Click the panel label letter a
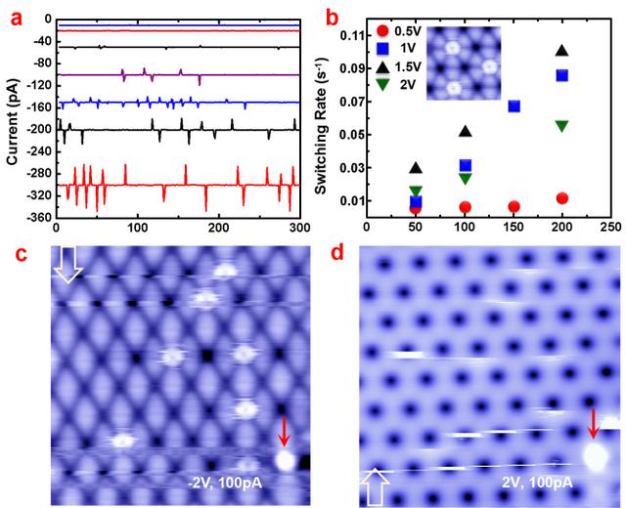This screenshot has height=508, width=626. pyautogui.click(x=17, y=19)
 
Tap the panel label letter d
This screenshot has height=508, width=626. pyautogui.click(x=337, y=253)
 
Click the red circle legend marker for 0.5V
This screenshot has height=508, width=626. pyautogui.click(x=382, y=31)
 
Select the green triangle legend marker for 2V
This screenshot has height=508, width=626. pyautogui.click(x=382, y=84)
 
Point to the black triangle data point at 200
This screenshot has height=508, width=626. pyautogui.click(x=562, y=50)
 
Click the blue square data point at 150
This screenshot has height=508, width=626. pyautogui.click(x=514, y=106)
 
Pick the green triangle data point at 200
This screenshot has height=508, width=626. pyautogui.click(x=562, y=126)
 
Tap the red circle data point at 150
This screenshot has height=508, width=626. pyautogui.click(x=514, y=206)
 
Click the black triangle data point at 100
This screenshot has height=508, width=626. pyautogui.click(x=466, y=131)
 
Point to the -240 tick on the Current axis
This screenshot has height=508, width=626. pyautogui.click(x=39, y=151)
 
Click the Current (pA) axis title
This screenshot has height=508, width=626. pyautogui.click(x=13, y=122)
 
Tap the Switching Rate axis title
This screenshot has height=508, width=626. pyautogui.click(x=322, y=126)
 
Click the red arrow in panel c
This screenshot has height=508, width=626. pyautogui.click(x=284, y=431)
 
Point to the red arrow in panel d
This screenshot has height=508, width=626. pyautogui.click(x=594, y=424)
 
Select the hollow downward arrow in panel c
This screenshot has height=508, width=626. pyautogui.click(x=67, y=265)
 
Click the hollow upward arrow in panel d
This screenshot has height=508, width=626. pyautogui.click(x=375, y=487)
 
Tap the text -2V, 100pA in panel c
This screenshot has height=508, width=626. pyautogui.click(x=225, y=483)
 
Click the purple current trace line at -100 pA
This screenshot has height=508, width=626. pyautogui.click(x=178, y=74)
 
